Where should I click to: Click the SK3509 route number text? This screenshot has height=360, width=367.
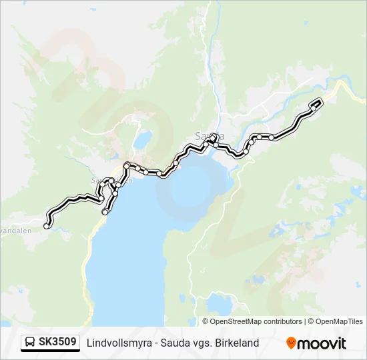coord(58,342)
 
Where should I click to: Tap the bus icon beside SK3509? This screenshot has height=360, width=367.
coord(31,343)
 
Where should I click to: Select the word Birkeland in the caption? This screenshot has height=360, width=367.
coord(236,343)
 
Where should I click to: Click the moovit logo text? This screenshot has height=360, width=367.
coord(322,343)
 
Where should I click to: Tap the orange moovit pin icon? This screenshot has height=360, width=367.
coord(291,343)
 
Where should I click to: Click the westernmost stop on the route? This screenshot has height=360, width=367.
coord(46,226)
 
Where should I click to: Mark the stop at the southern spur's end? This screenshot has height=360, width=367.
coord(105,211)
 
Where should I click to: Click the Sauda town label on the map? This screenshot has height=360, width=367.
coord(208,136)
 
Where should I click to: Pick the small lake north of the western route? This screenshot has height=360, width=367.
coord(141,141)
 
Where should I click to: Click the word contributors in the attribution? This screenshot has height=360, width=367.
coord(283,321)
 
